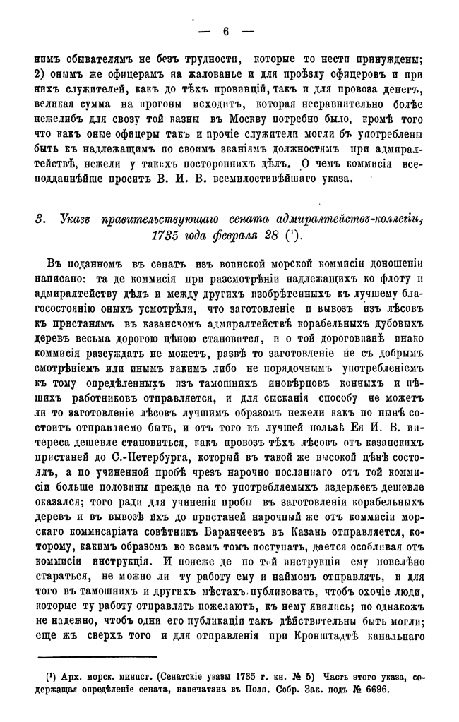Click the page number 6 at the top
226,31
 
